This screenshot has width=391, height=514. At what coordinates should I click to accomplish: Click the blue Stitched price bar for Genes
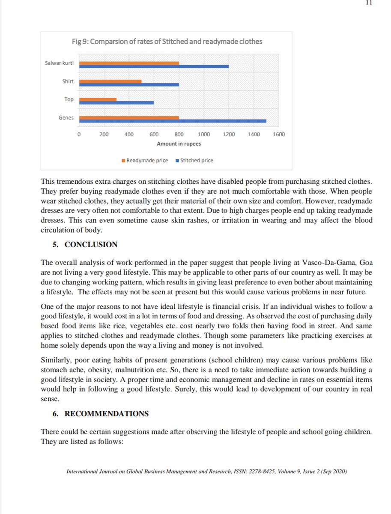click(x=173, y=121)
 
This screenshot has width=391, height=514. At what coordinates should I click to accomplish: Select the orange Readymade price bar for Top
click(x=98, y=99)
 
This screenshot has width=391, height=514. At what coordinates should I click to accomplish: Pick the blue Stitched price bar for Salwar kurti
click(x=154, y=66)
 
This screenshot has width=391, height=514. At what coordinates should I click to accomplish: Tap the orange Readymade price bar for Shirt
click(x=110, y=81)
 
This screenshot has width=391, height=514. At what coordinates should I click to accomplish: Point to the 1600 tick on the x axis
click(x=278, y=134)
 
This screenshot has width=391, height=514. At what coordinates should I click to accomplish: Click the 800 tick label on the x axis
click(x=179, y=134)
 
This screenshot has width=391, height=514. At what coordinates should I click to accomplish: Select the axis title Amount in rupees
click(x=179, y=144)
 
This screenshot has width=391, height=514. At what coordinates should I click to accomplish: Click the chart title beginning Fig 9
click(x=167, y=42)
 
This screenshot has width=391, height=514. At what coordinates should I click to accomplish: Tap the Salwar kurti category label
click(x=60, y=63)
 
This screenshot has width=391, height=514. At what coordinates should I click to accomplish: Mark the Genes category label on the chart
click(x=66, y=117)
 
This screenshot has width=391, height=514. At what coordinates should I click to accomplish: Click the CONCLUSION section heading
click(x=90, y=245)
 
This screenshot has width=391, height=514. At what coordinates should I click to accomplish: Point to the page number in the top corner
click(x=369, y=2)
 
